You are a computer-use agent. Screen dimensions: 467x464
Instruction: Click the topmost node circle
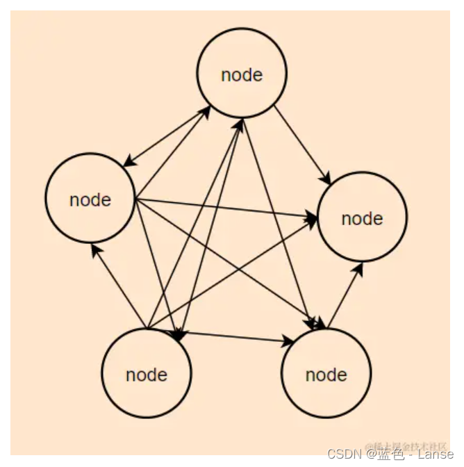click(242, 73)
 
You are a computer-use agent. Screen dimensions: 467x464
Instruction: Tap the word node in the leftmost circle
click(90, 200)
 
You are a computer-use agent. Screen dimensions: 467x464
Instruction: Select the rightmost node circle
click(362, 218)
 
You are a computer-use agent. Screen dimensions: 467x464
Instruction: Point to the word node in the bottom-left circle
click(147, 375)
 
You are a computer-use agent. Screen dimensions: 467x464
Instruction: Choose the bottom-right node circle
click(326, 374)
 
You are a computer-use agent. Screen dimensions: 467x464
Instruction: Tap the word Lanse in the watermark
click(436, 454)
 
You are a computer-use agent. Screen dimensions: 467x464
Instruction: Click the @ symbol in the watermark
click(370, 454)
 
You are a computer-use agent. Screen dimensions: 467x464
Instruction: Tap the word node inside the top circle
click(242, 75)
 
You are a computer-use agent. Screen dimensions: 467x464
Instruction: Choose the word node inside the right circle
click(362, 219)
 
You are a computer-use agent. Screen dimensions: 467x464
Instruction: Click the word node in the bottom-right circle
click(326, 375)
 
